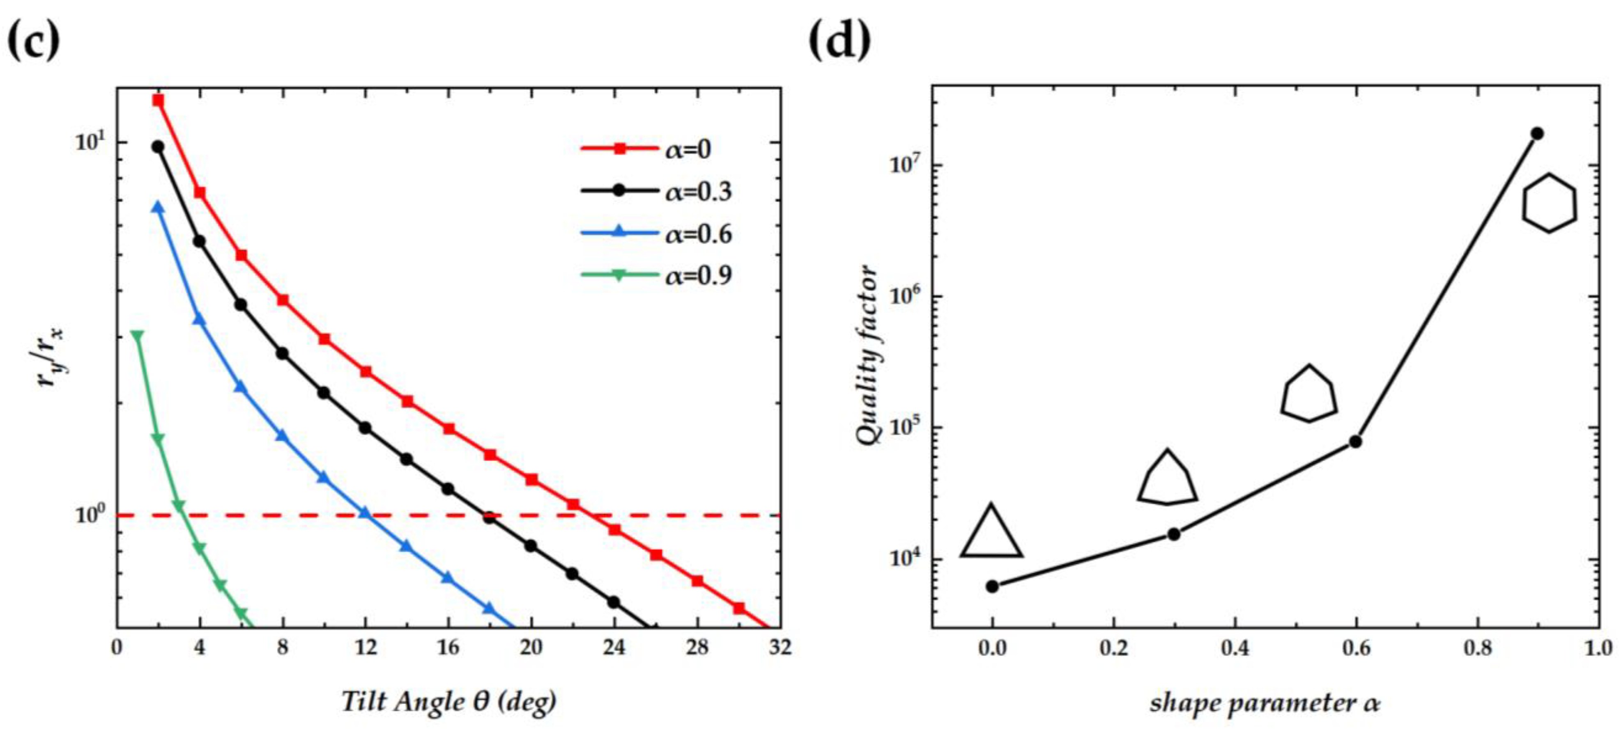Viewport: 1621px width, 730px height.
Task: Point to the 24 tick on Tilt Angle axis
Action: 614,646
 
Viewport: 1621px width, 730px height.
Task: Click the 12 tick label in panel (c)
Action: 366,646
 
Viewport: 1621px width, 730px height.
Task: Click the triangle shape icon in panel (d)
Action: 991,533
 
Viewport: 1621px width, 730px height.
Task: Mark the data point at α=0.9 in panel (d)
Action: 1537,133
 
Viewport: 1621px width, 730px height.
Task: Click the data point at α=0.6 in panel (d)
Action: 1355,442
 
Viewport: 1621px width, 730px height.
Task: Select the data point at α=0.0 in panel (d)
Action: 992,586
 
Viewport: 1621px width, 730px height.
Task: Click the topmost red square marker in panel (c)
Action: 158,100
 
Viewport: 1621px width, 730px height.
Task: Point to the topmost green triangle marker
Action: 137,336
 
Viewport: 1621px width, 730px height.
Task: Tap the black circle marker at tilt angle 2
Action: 158,146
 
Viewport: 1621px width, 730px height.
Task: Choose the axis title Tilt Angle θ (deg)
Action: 448,700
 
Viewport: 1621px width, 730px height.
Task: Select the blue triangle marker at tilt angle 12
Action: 366,513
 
